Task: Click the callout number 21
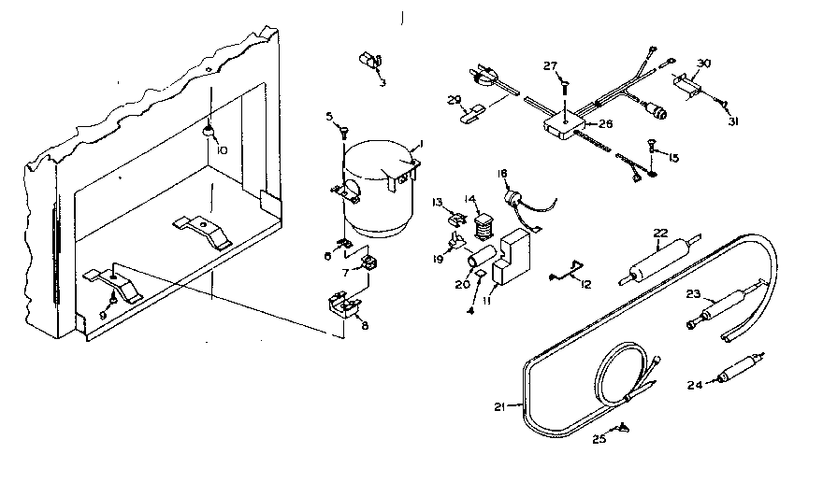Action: [498, 406]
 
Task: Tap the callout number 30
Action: [704, 64]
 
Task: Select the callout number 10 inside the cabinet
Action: [221, 149]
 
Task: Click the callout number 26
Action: [605, 123]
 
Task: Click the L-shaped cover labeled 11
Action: [510, 261]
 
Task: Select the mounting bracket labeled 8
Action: [342, 305]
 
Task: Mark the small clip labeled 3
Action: [368, 60]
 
